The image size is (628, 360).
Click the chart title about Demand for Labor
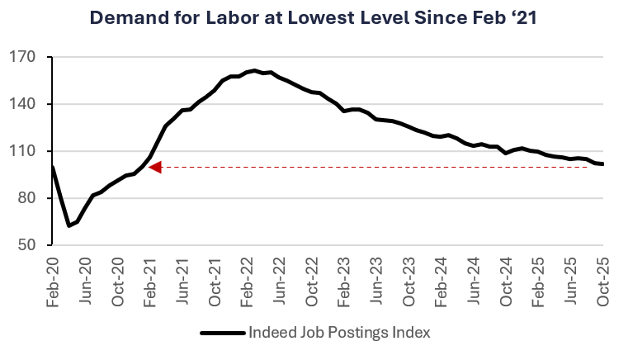(x=314, y=17)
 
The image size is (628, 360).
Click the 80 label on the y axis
(x=32, y=198)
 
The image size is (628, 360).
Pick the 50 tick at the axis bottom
(x=32, y=245)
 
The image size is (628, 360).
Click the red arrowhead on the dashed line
(x=154, y=167)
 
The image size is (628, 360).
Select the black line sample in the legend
(x=223, y=333)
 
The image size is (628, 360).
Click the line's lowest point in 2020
(x=68, y=225)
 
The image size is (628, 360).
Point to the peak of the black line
(x=255, y=71)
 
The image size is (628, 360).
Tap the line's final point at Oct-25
(x=603, y=164)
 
